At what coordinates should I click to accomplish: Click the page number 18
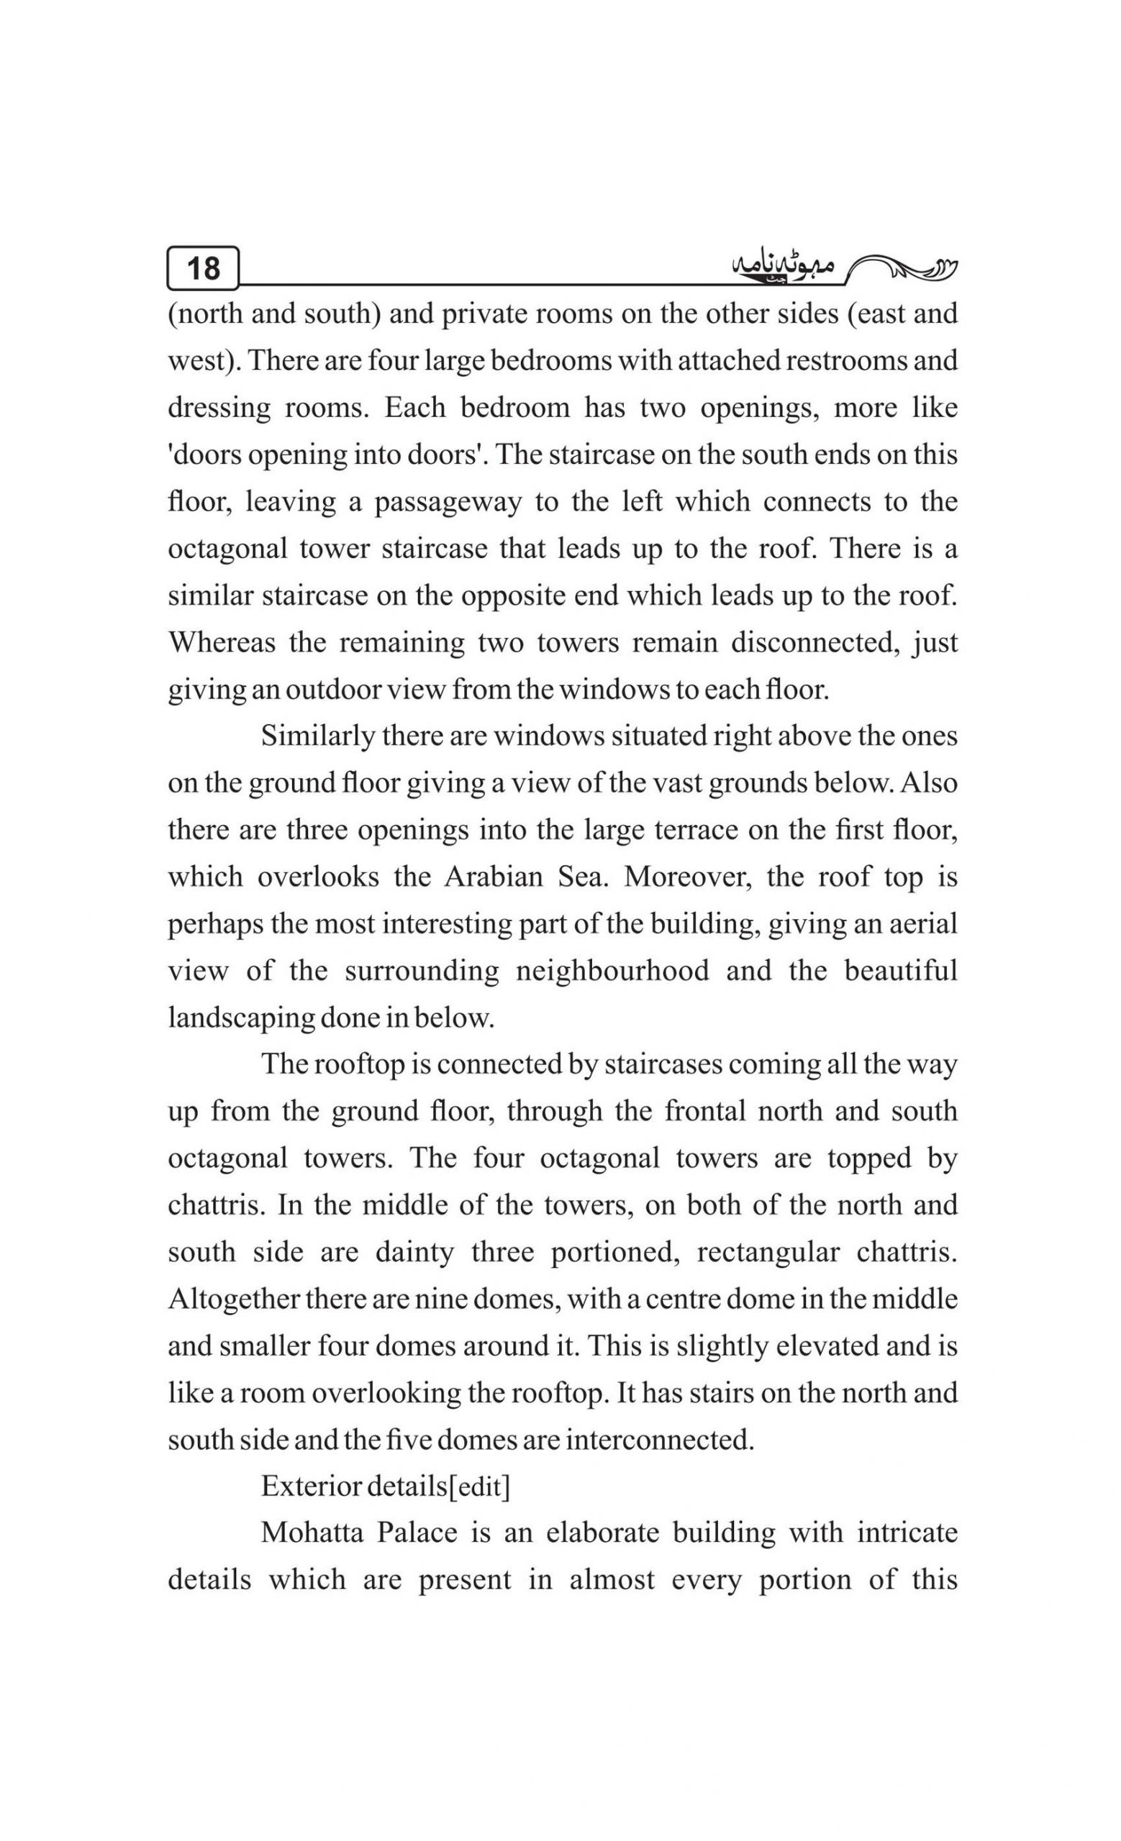pyautogui.click(x=202, y=268)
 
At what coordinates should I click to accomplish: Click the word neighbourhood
pyautogui.click(x=613, y=971)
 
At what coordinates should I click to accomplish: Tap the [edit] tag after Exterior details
pyautogui.click(x=478, y=1487)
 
